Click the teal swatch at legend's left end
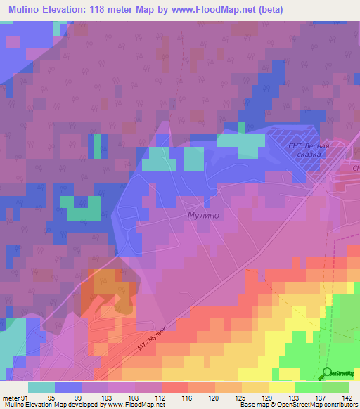tap(41, 387)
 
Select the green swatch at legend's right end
tap(335, 387)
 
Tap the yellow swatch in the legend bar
tap(281, 387)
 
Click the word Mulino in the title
tap(27, 9)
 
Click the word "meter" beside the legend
tap(10, 396)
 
